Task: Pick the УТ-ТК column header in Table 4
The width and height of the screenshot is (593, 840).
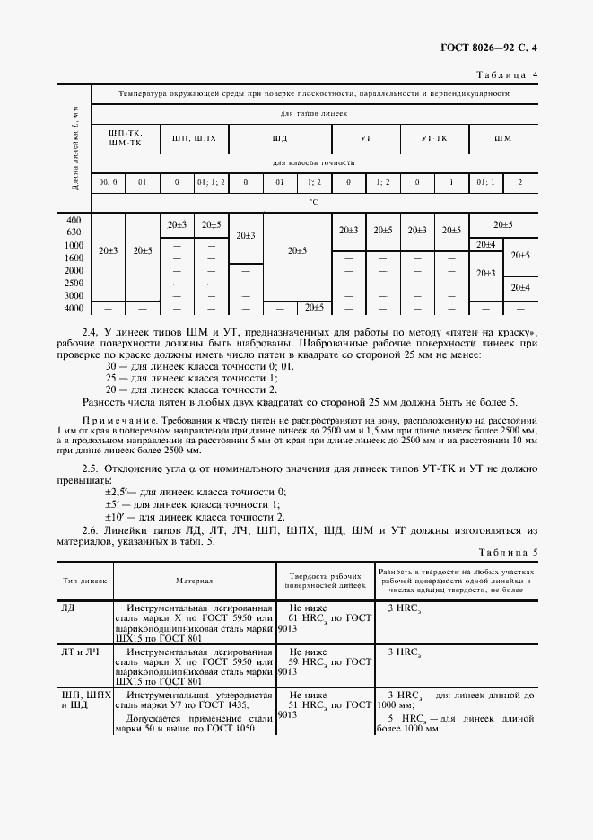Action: pyautogui.click(x=434, y=138)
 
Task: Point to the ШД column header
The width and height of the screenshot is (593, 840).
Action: pyautogui.click(x=280, y=138)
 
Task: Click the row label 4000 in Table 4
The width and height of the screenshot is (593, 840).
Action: pyautogui.click(x=74, y=308)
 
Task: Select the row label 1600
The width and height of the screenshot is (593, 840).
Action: pyautogui.click(x=74, y=258)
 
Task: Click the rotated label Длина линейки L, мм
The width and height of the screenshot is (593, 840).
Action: pyautogui.click(x=75, y=150)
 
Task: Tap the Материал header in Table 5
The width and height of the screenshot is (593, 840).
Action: pyautogui.click(x=195, y=582)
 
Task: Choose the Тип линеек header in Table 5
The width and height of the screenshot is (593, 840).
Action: pyautogui.click(x=84, y=582)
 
